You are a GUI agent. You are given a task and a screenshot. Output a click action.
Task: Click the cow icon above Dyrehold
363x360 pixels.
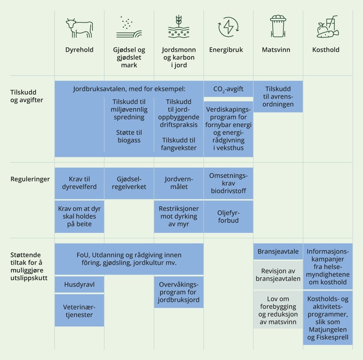[x=79, y=28]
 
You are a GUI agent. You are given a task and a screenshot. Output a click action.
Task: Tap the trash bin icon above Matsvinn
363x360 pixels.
[x=278, y=26]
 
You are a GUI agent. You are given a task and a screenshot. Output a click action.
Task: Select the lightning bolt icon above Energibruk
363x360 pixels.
[x=228, y=27]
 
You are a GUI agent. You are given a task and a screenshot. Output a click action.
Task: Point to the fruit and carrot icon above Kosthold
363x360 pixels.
[x=328, y=27]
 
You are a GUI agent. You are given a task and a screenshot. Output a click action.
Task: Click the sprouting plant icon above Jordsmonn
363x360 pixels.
[x=179, y=26]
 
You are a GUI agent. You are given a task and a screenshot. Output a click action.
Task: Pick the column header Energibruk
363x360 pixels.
[x=226, y=50]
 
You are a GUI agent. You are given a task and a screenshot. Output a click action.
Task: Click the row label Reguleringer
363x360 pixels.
[x=30, y=179]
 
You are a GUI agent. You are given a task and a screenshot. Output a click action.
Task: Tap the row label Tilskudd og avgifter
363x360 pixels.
[x=27, y=96]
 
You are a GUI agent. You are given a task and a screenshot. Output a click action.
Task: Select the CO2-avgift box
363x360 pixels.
[x=228, y=89]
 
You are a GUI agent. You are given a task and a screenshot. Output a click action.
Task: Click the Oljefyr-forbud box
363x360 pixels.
[x=228, y=217]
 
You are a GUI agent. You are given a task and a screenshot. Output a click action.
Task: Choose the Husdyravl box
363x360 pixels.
[x=79, y=284]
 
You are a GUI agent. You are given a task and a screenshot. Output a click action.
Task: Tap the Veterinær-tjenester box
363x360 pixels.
[x=79, y=310]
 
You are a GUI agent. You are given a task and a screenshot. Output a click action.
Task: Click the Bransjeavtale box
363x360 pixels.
[x=278, y=251]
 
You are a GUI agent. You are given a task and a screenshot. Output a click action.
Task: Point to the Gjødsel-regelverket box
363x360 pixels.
[x=129, y=183]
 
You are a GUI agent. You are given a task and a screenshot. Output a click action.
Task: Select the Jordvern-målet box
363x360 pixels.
[x=179, y=183]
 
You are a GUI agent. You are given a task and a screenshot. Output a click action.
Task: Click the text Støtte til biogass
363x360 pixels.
[x=129, y=137]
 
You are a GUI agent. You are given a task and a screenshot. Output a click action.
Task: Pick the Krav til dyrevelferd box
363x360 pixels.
[x=79, y=183]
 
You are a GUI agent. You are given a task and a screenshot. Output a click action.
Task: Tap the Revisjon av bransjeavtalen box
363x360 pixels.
[x=278, y=275]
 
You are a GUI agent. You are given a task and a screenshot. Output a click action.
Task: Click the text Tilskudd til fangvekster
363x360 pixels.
[x=179, y=144]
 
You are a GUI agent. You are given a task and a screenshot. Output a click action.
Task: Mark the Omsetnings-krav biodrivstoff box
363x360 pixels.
[x=228, y=183]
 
